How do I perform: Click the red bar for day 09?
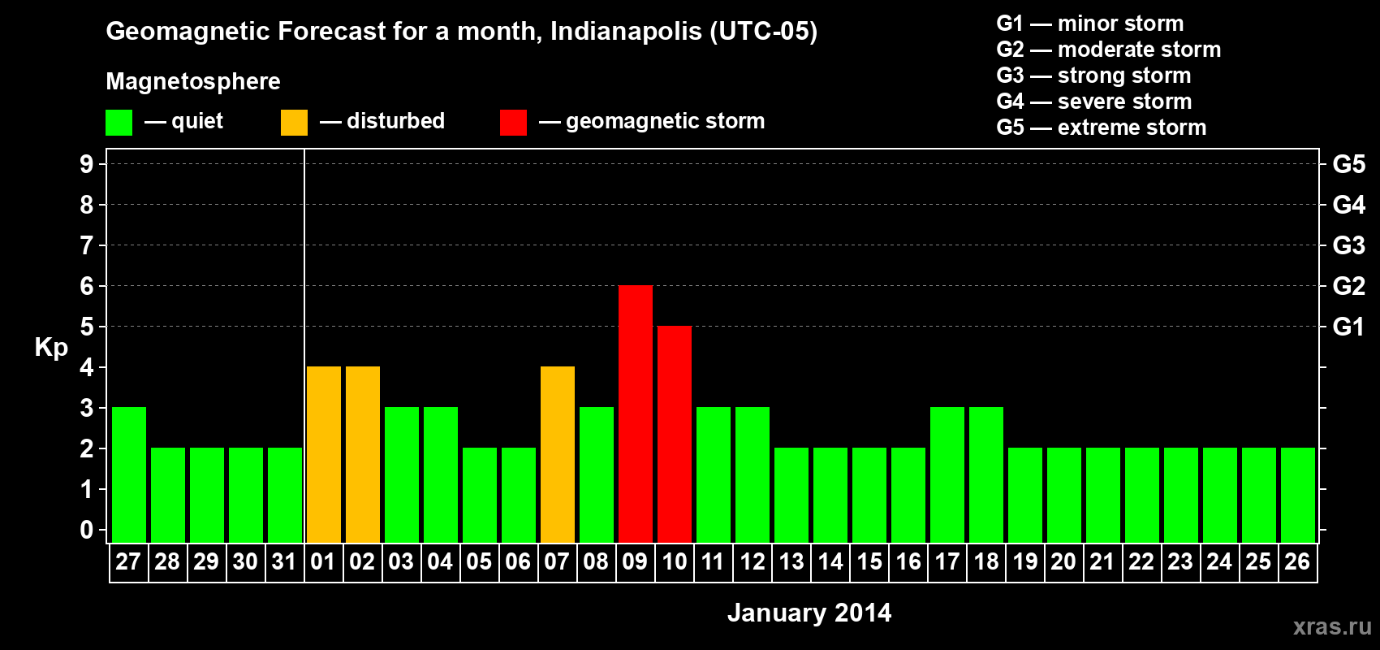tap(636, 414)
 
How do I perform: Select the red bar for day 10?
tap(675, 434)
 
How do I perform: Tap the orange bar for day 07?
tap(558, 454)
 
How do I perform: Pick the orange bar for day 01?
tap(324, 454)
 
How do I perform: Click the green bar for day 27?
tap(129, 474)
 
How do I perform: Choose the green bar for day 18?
tap(986, 474)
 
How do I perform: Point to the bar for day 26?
tap(1298, 495)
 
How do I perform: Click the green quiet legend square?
tap(119, 123)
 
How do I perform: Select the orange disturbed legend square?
tap(294, 123)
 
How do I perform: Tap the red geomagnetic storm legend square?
tap(513, 123)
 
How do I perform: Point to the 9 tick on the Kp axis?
tap(87, 164)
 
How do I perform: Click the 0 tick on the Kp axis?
tap(87, 530)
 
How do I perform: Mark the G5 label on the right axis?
tap(1348, 164)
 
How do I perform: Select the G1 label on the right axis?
tap(1348, 327)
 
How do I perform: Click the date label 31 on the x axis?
tap(284, 561)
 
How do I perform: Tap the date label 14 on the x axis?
tap(830, 561)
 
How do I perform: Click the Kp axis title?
tap(51, 347)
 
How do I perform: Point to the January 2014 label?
tap(809, 613)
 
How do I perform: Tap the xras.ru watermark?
tap(1332, 626)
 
